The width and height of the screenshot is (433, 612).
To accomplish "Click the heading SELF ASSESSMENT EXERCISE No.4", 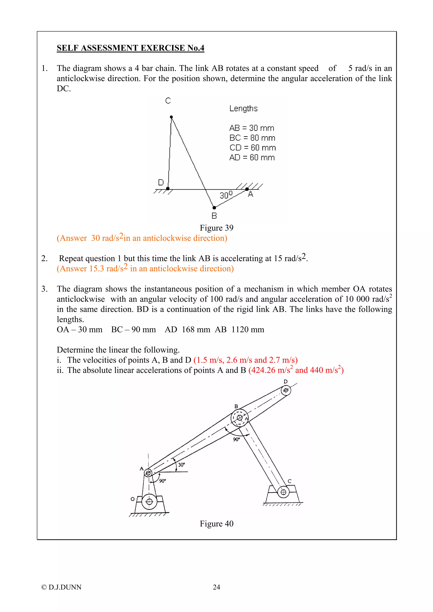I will pyautogui.click(x=130, y=48).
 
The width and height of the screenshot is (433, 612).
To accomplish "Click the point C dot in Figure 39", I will pyautogui.click(x=171, y=117).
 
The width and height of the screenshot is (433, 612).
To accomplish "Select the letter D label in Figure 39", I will pyautogui.click(x=161, y=182).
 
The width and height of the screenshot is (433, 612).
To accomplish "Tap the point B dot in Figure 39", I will pyautogui.click(x=214, y=208).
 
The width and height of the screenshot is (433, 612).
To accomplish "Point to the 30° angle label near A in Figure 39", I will pyautogui.click(x=226, y=195).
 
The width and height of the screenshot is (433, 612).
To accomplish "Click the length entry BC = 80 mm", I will pyautogui.click(x=252, y=138).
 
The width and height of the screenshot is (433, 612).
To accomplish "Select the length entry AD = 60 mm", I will pyautogui.click(x=252, y=158).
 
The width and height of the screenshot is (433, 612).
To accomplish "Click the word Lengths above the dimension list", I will pyautogui.click(x=243, y=109).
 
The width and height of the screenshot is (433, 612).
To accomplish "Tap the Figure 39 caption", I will pyautogui.click(x=216, y=228).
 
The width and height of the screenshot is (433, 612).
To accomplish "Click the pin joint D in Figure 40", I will pyautogui.click(x=286, y=391).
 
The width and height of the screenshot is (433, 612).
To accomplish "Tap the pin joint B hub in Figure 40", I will pyautogui.click(x=239, y=418).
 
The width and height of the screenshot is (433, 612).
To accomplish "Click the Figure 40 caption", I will pyautogui.click(x=216, y=524).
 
